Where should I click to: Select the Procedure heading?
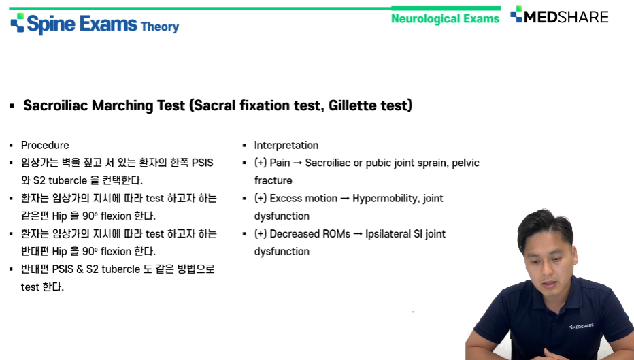pos(45,145)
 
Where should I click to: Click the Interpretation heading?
pos(286,145)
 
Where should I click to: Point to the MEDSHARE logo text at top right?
pos(566,16)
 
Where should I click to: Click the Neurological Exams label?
pos(445,18)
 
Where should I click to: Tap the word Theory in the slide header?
pos(160,27)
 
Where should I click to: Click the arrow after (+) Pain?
pos(297,163)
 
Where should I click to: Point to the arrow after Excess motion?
pos(345,199)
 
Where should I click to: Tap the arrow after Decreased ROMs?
pos(358,234)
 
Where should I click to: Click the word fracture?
pos(273,180)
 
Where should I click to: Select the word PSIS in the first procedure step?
pos(202,163)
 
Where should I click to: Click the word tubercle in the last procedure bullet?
pos(120,269)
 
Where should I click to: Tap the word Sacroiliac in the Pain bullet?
pos(328,163)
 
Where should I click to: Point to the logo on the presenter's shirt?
pos(582,326)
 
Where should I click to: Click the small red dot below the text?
pos(413,312)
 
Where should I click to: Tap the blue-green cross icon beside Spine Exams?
pos(18,22)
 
